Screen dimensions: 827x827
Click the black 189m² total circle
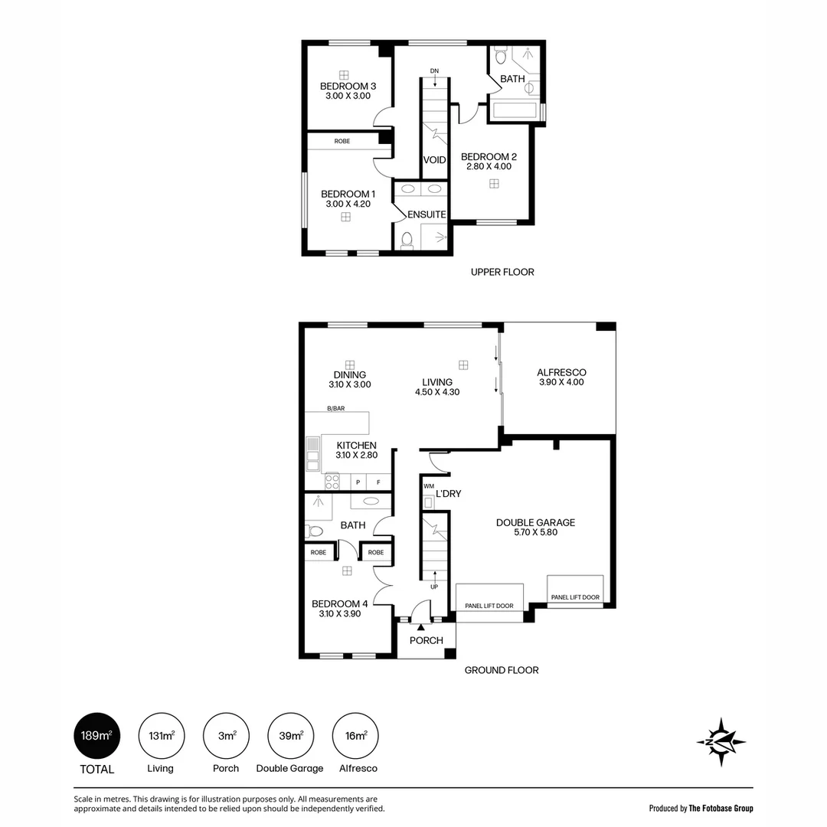pos(97,736)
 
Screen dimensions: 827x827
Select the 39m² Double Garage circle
pos(291,736)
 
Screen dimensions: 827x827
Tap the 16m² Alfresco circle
pos(355,736)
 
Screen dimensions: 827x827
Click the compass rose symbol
pos(721,741)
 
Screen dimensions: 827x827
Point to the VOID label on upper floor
pos(435,160)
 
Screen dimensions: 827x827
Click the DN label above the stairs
pos(434,70)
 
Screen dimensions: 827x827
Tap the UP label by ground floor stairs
pos(434,587)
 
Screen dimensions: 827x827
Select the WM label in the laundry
pos(429,486)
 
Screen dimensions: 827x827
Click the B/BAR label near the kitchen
pos(336,408)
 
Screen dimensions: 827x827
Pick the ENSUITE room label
pos(427,214)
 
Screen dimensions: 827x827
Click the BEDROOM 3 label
pos(348,86)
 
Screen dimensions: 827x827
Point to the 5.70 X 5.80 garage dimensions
pos(536,532)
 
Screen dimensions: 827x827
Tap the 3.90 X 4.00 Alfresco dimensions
pos(562,382)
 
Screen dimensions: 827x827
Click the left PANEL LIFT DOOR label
pos(489,606)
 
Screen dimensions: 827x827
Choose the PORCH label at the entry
pos(427,640)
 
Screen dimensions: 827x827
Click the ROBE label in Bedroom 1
pos(342,142)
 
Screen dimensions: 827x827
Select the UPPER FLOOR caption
pos(502,272)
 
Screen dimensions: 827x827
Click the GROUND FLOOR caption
pos(502,670)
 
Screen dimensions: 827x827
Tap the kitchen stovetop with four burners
pos(332,482)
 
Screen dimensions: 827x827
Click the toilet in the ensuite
pos(407,240)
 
